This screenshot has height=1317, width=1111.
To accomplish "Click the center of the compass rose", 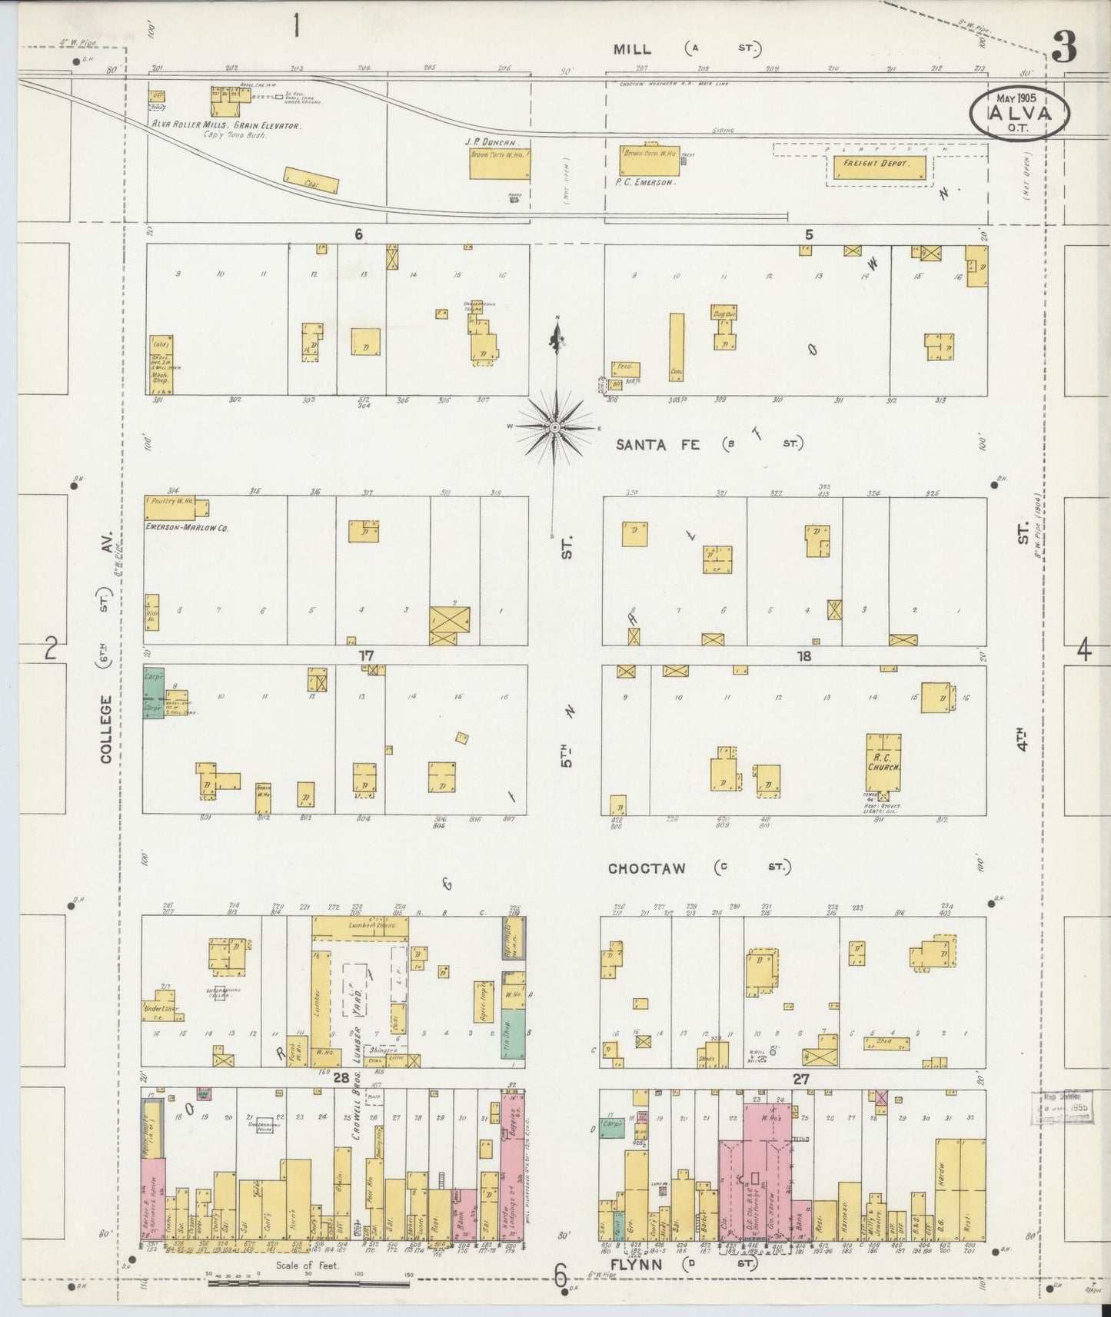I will point(554,427).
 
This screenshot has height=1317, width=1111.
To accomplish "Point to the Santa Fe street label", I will point(657,444).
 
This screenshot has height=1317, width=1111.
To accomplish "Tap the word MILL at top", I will point(632,49).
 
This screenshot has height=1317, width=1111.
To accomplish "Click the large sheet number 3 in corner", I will point(1064,51).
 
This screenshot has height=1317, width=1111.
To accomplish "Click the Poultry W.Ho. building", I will point(176,506).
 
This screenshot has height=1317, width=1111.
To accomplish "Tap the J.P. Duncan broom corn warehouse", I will point(499,163).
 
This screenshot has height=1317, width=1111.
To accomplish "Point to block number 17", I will point(366,655).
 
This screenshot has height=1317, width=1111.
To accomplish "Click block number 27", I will point(801,1079).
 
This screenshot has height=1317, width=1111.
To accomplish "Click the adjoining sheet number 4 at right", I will point(1083,651).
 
